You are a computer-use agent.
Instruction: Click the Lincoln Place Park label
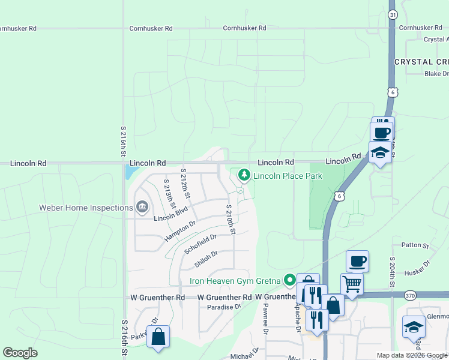click(x=288, y=176)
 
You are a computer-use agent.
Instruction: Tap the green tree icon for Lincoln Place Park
click(x=244, y=175)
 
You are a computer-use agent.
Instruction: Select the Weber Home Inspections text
click(x=86, y=208)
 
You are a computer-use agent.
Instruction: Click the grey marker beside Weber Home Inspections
click(x=143, y=208)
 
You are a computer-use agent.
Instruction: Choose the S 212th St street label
click(x=186, y=184)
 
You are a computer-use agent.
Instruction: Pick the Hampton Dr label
click(x=180, y=231)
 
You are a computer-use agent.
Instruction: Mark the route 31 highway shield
click(x=392, y=14)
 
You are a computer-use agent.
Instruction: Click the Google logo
click(x=20, y=353)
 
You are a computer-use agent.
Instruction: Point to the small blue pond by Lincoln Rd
click(x=130, y=173)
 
